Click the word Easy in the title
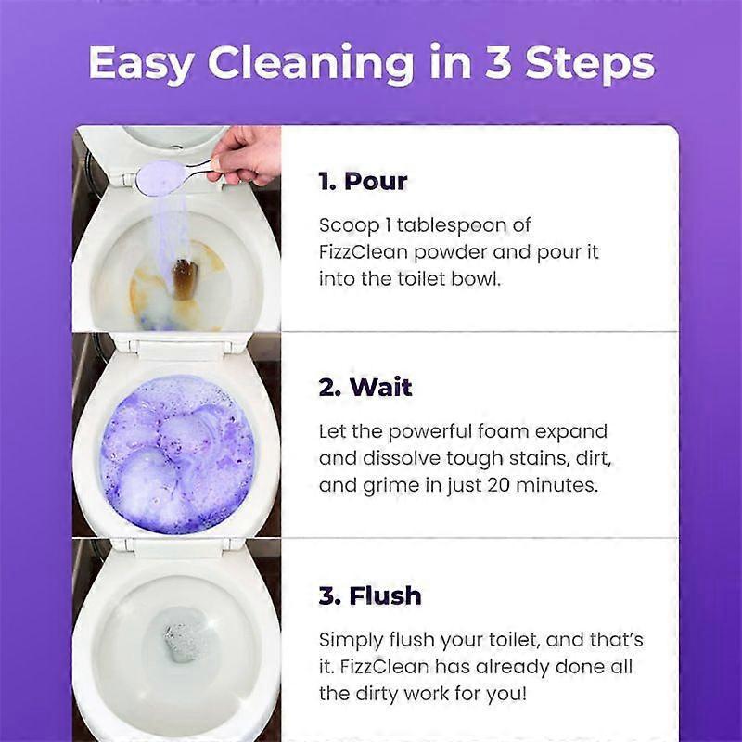click(x=142, y=63)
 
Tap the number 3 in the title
click(x=502, y=63)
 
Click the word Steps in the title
click(x=591, y=63)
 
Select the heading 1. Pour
click(x=363, y=181)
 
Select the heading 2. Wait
click(x=365, y=388)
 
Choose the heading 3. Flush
click(x=370, y=595)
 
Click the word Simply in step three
click(x=352, y=640)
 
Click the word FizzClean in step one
click(x=360, y=252)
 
